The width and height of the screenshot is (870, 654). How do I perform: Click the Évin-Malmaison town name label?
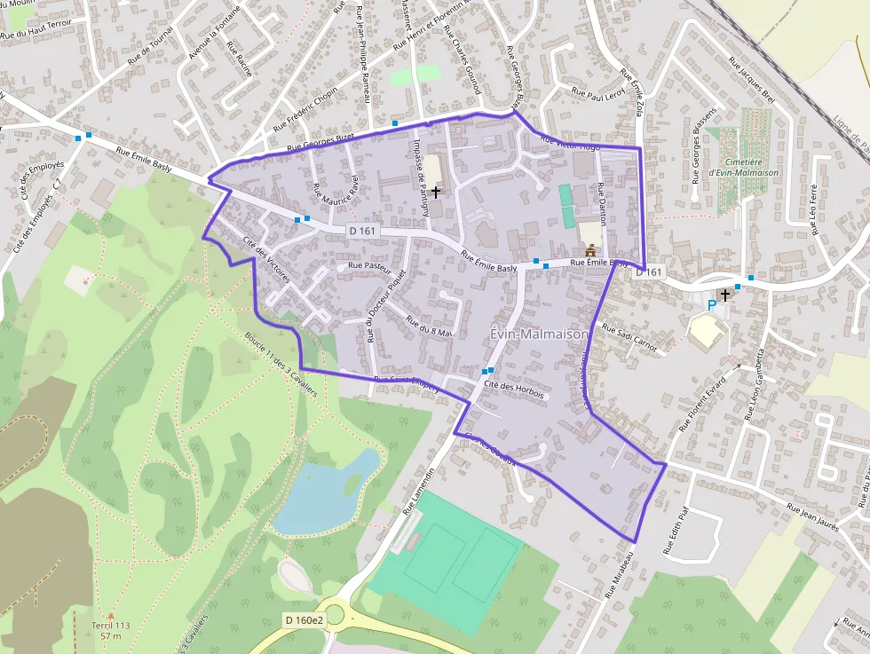pyautogui.click(x=539, y=334)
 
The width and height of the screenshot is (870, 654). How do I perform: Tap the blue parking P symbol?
pyautogui.click(x=711, y=305)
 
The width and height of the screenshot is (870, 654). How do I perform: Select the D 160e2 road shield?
pyautogui.click(x=304, y=619)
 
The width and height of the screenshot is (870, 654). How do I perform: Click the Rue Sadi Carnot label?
pyautogui.click(x=629, y=338)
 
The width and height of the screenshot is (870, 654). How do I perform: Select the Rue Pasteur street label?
pyautogui.click(x=370, y=265)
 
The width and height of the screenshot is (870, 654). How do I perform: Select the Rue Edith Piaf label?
pyautogui.click(x=676, y=532)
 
